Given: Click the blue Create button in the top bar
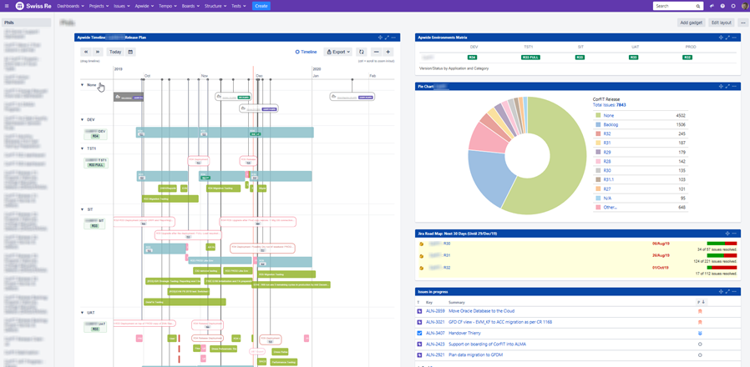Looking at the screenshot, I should (261, 6).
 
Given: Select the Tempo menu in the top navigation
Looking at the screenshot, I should (166, 6).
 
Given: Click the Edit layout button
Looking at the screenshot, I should (721, 23).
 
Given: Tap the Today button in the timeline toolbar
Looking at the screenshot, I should (115, 52).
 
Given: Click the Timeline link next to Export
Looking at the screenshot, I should (306, 52).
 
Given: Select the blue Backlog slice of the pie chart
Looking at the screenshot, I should (492, 175).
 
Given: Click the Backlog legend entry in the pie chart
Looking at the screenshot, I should (610, 124).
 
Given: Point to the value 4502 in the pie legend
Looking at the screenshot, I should (680, 115).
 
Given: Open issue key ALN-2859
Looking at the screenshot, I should (434, 310).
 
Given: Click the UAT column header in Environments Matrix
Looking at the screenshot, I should (633, 48).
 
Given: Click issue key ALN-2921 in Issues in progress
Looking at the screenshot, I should (434, 354).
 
